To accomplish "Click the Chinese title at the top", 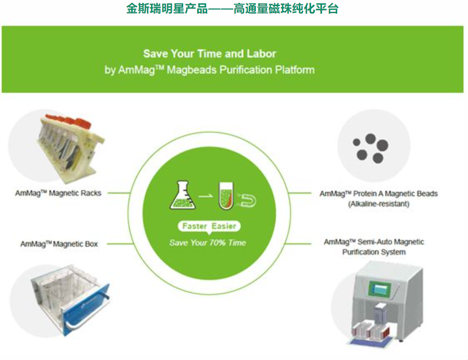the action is click(232, 8).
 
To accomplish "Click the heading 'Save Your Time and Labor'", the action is click(210, 54).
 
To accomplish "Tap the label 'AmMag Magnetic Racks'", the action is click(58, 193).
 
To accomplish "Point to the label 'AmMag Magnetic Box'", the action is click(59, 244).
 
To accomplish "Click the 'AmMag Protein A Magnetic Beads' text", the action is click(378, 194).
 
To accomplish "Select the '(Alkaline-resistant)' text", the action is click(378, 204).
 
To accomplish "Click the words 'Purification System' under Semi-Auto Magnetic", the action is click(374, 252).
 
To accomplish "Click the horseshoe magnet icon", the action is click(247, 200).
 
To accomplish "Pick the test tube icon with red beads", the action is click(226, 195).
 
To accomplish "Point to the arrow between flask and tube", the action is click(205, 196).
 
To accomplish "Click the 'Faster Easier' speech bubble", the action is click(209, 226).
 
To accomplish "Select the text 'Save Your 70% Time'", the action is click(208, 243).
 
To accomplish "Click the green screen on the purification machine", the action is click(380, 289).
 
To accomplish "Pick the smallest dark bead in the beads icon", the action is click(357, 142).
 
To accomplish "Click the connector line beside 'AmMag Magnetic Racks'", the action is click(119, 193).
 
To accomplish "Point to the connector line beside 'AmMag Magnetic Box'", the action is click(120, 243).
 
